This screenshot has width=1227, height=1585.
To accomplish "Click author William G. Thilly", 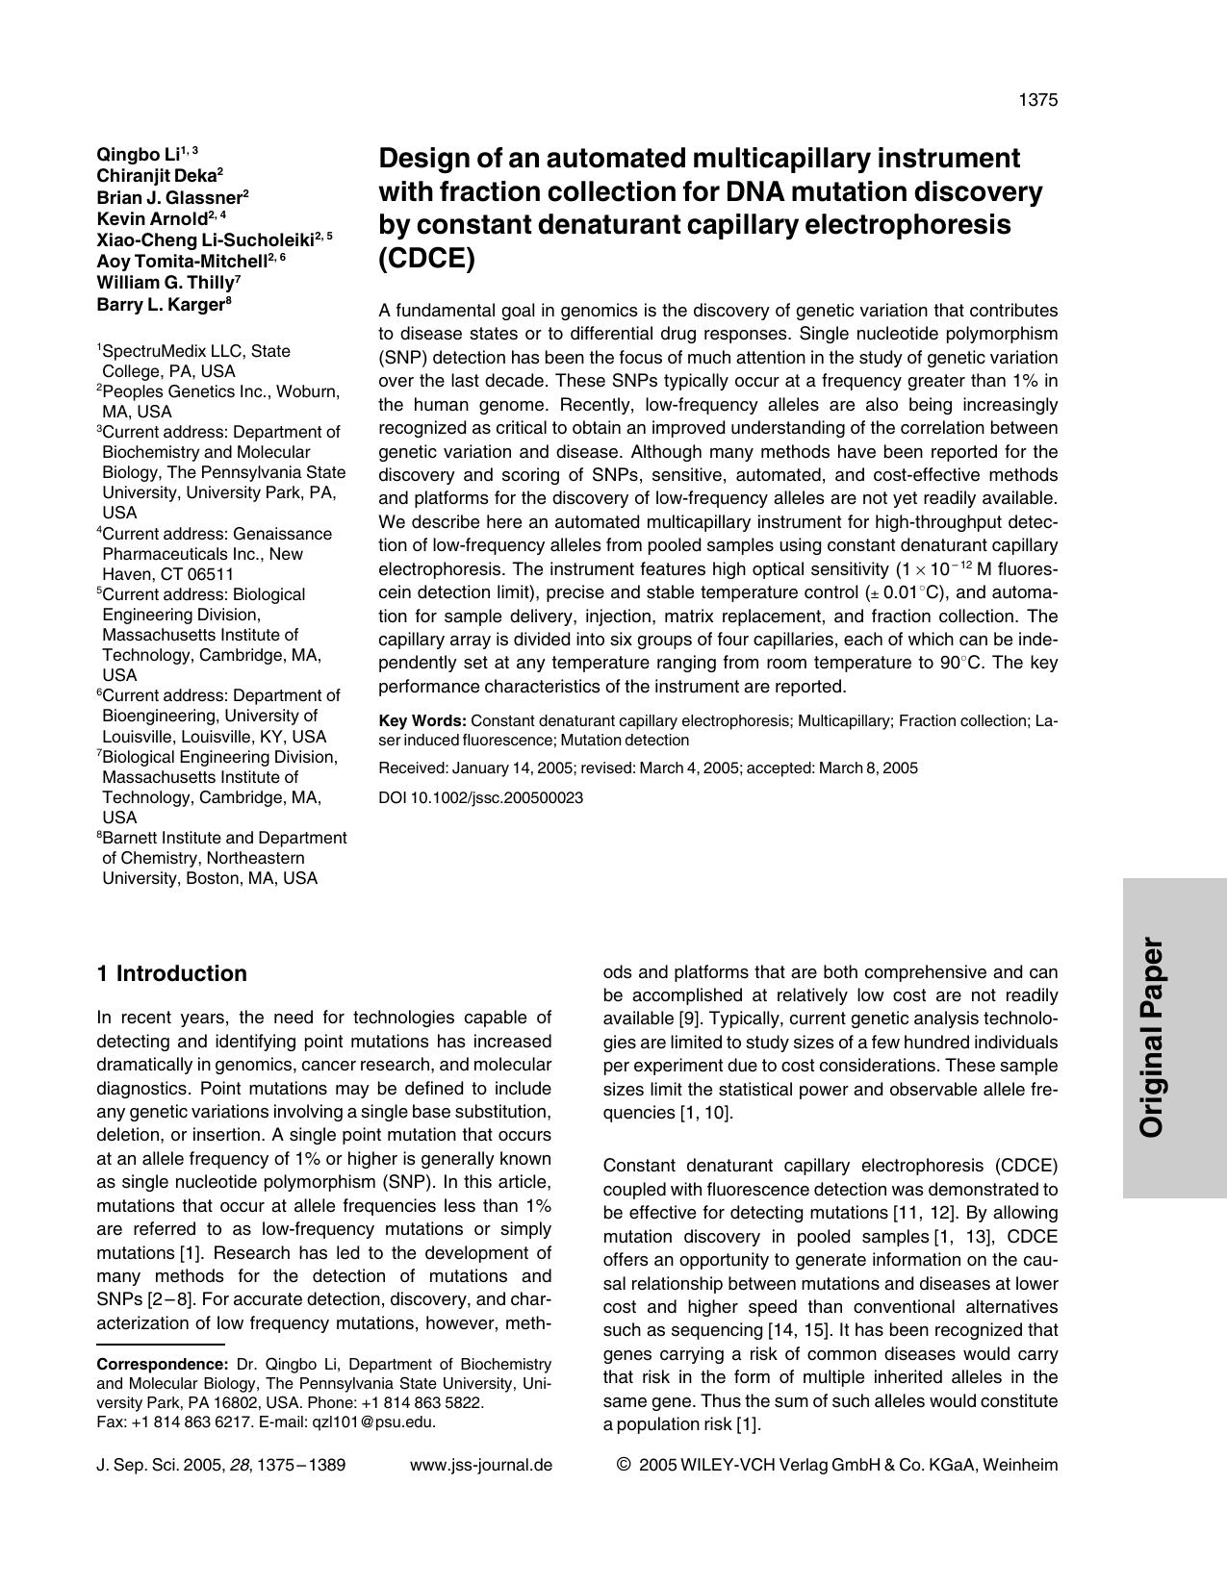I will click(x=165, y=283).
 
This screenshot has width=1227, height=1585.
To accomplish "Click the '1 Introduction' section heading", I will click(x=172, y=973).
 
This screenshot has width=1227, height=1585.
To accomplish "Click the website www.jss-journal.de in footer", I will click(x=481, y=1465).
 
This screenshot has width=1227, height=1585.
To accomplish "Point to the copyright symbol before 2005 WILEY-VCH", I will click(x=624, y=1465).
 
